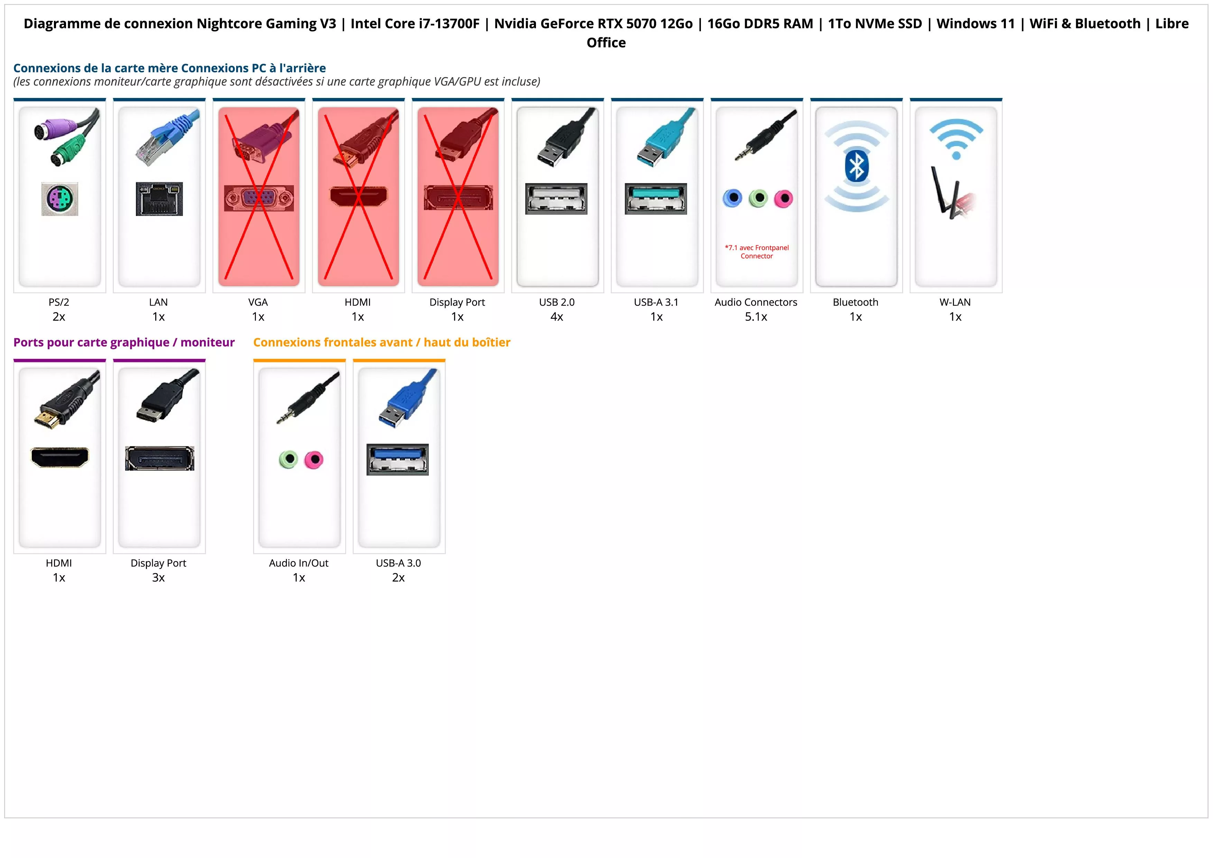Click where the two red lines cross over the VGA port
[x=259, y=197]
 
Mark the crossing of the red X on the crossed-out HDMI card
[x=358, y=197]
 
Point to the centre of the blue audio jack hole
[x=733, y=198]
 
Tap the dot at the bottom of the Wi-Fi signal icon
[x=956, y=155]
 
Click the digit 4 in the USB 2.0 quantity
[x=554, y=317]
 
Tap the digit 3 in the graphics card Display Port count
[x=155, y=577]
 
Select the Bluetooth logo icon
[x=856, y=166]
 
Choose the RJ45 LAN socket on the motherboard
[x=159, y=199]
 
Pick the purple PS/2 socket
[x=60, y=199]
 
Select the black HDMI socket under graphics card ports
[x=60, y=457]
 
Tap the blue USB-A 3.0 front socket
[x=398, y=459]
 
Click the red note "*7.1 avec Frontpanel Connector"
[x=757, y=252]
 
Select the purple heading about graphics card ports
[x=124, y=343]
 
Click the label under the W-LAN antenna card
[x=955, y=302]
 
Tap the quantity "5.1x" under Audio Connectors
[x=756, y=317]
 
